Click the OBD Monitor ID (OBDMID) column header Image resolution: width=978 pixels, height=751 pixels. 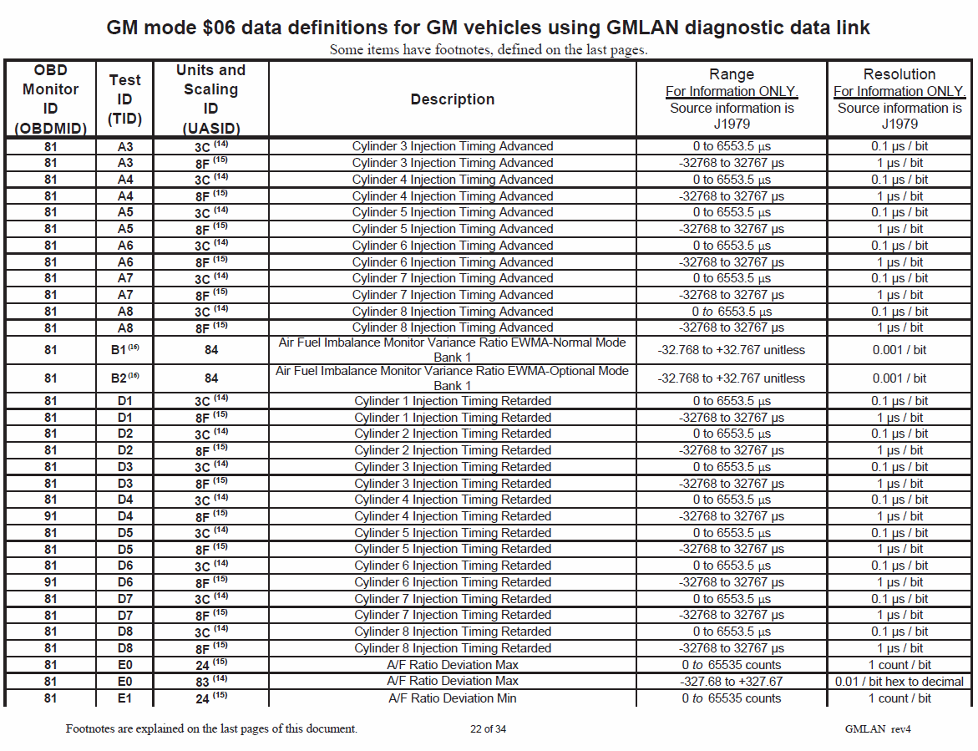50,99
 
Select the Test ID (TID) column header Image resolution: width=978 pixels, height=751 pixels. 125,99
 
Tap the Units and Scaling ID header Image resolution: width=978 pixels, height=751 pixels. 210,99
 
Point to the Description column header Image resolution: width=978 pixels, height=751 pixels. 452,99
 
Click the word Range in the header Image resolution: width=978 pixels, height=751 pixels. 732,74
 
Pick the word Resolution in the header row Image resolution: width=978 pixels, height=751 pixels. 899,74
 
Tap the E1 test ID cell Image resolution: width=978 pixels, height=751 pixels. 124,698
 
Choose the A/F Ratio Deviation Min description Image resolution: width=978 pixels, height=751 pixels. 452,698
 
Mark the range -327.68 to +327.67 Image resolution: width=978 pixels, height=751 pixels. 732,682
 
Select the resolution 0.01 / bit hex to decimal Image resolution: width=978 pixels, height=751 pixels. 899,682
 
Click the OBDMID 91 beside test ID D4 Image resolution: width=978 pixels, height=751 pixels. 50,516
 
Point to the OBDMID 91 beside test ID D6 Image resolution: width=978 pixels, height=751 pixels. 50,582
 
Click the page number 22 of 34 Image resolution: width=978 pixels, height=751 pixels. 488,728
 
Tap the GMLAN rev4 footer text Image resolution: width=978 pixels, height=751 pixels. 878,728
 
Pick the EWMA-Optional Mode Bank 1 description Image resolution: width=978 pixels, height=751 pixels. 452,378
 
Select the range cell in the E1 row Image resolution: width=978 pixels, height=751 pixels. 732,698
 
